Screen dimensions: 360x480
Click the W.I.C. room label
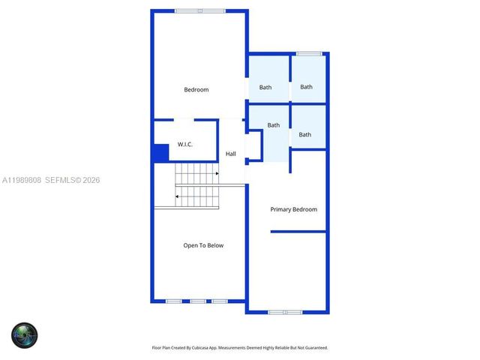[x=184, y=144]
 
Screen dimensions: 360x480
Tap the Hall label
[x=231, y=154]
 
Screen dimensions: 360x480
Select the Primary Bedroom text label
[x=293, y=209]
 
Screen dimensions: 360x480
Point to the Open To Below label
[x=203, y=245]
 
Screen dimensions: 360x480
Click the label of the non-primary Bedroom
[x=196, y=90]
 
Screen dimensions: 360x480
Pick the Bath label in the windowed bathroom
[x=306, y=87]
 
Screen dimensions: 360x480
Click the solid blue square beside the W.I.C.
[x=160, y=152]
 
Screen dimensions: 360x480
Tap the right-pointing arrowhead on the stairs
[x=217, y=173]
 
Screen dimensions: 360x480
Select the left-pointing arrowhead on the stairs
[x=177, y=196]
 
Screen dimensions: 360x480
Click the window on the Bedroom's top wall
[x=199, y=10]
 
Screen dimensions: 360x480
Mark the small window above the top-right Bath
[x=309, y=53]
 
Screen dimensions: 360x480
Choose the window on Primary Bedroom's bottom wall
[x=285, y=311]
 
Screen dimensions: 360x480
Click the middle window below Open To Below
[x=198, y=301]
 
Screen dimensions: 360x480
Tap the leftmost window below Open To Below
[x=173, y=301]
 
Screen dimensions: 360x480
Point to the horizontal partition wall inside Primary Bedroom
[x=298, y=232]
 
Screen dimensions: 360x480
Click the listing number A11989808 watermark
[x=22, y=180]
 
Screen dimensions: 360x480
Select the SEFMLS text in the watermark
[x=62, y=180]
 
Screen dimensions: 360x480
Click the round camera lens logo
[x=24, y=334]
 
